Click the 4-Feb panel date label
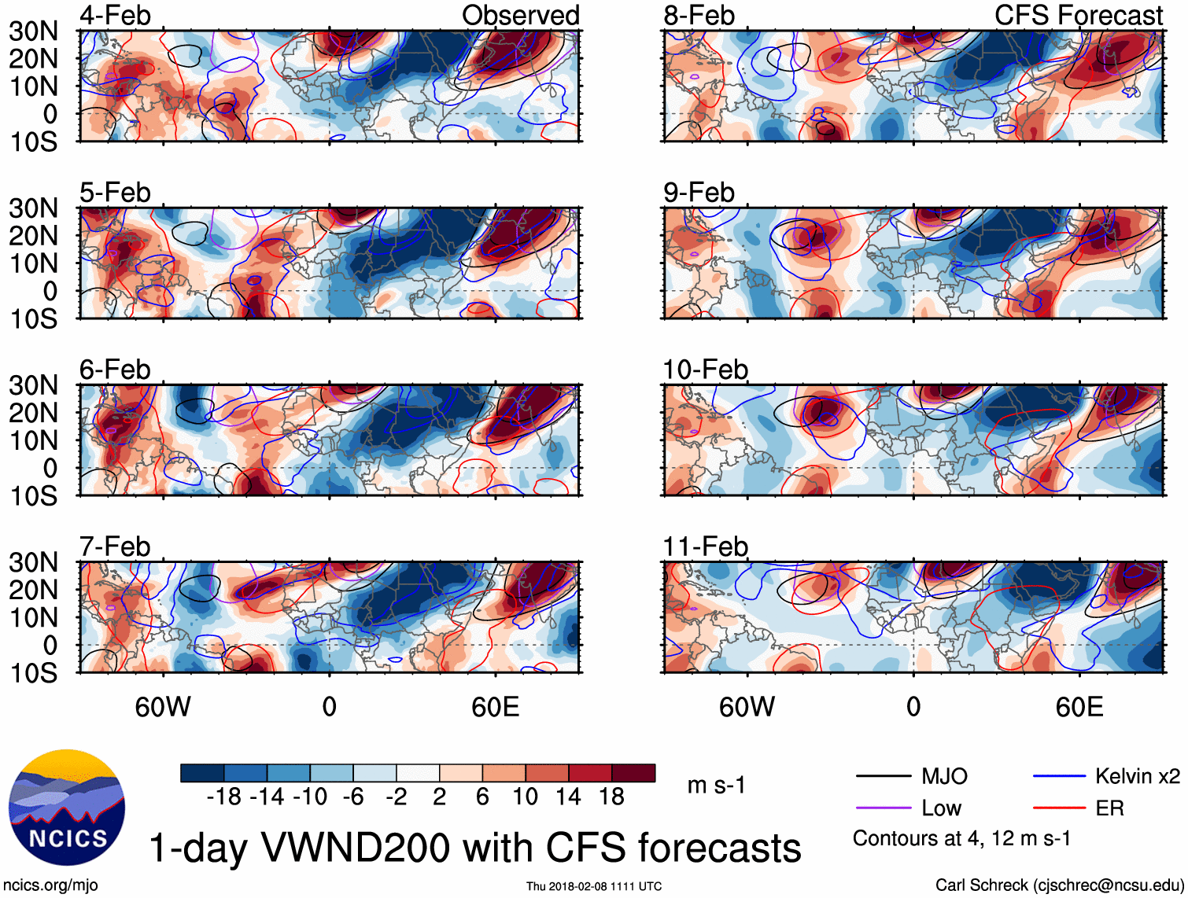click(x=115, y=16)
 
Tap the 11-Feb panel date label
click(x=705, y=547)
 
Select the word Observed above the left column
click(x=520, y=16)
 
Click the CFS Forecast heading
click(x=1078, y=16)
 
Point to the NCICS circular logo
click(x=67, y=808)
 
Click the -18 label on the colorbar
click(x=223, y=797)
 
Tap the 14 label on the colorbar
click(x=568, y=797)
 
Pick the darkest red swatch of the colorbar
click(x=633, y=773)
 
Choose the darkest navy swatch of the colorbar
click(x=202, y=773)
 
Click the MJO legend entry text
click(x=944, y=777)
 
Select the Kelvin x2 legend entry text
click(x=1137, y=777)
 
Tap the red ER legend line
click(x=1059, y=808)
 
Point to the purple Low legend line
click(x=883, y=808)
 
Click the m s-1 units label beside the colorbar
click(x=716, y=785)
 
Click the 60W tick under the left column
click(x=163, y=707)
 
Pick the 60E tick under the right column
click(x=1079, y=707)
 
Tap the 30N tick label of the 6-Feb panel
click(x=33, y=385)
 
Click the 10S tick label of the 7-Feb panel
click(x=33, y=673)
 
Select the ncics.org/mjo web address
click(x=51, y=885)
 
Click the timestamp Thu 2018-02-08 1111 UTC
click(x=594, y=886)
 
